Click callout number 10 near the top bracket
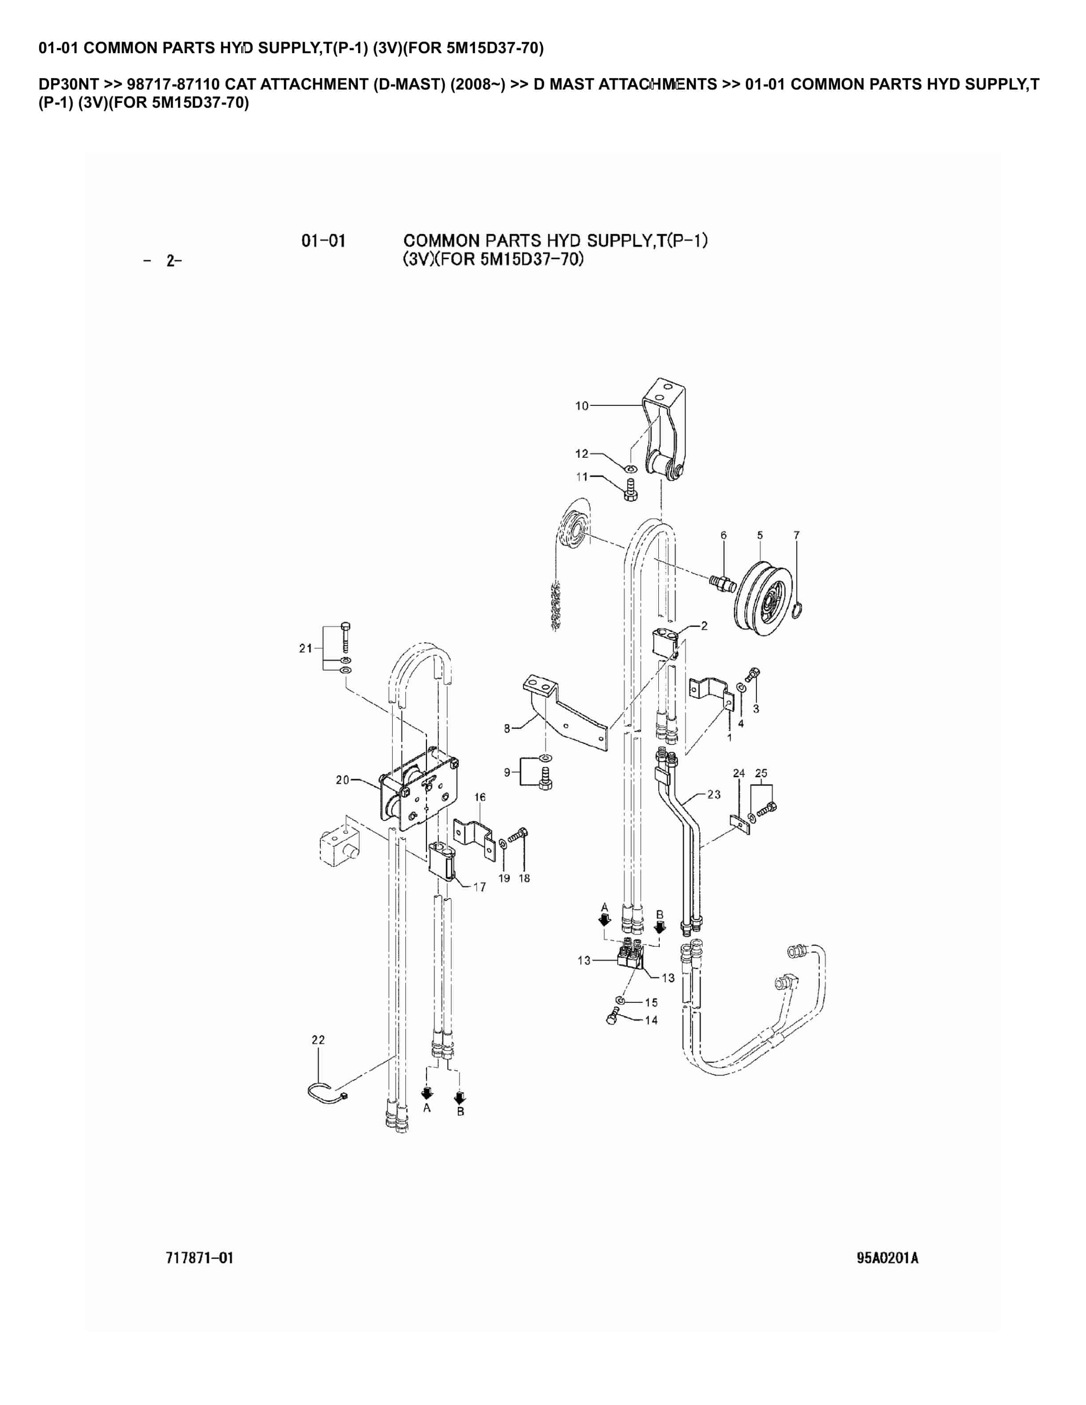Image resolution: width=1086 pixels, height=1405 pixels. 581,406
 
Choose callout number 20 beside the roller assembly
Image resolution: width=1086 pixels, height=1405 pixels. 342,780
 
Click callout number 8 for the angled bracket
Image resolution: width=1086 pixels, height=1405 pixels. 507,728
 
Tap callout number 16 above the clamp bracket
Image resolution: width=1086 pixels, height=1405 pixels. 480,797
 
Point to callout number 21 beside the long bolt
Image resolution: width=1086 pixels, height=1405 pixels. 306,648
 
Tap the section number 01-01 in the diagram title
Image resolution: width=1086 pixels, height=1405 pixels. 323,241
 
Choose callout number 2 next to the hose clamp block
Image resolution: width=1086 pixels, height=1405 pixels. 704,626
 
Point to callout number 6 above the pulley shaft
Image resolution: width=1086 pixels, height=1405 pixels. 724,535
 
